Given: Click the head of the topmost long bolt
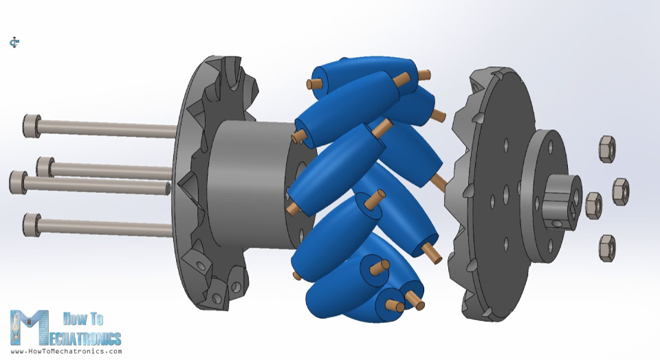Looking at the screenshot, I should [31, 125].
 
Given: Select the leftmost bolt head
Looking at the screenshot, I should [17, 182].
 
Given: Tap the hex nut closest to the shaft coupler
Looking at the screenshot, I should [593, 205].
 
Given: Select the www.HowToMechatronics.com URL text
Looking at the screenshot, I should [66, 351].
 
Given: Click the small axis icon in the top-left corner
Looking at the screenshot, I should [14, 43].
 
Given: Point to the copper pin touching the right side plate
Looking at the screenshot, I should [439, 182].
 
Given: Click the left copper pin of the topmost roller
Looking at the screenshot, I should [315, 83].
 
